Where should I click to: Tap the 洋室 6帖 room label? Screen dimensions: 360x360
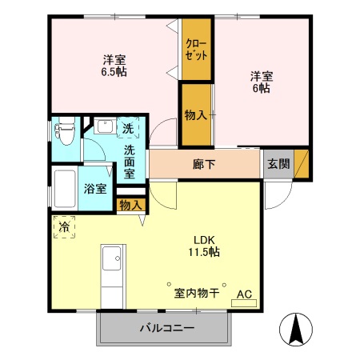point(262,82)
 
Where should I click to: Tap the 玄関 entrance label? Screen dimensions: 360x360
point(278,164)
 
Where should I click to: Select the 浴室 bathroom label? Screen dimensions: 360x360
point(95,190)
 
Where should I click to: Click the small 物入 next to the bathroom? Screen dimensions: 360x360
point(130,206)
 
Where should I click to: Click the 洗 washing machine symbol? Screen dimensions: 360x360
point(129,128)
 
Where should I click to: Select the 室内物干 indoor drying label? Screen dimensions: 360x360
point(196,293)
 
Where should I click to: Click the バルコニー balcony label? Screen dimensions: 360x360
point(166,328)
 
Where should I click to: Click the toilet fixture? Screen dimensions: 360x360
point(66,131)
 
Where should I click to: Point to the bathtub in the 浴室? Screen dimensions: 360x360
point(65,189)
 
